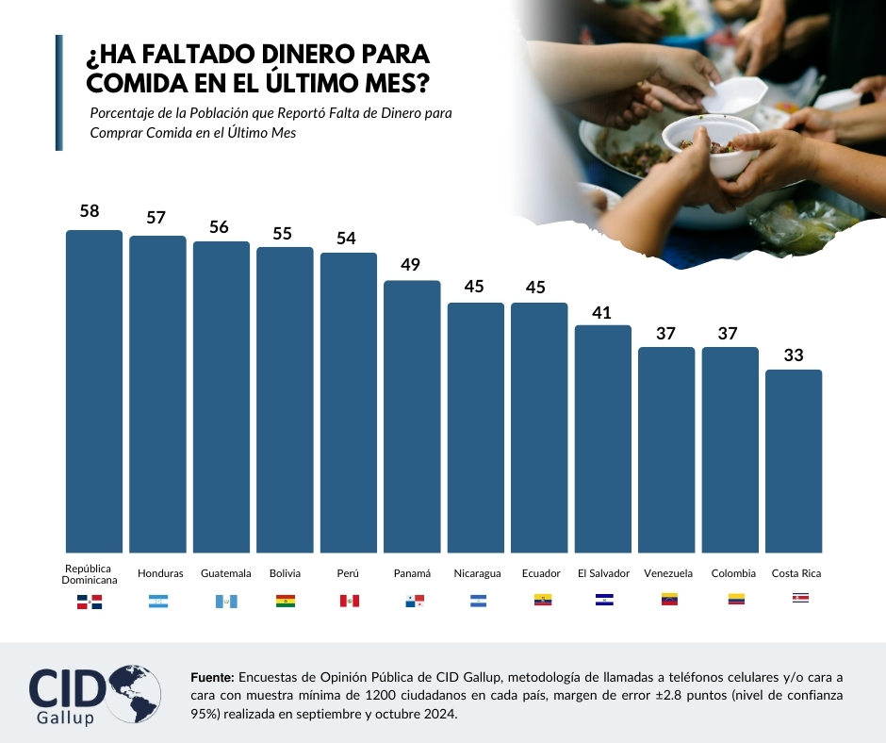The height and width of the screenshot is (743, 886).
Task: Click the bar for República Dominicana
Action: [93, 390]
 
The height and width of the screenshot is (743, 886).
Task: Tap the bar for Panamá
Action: [412, 416]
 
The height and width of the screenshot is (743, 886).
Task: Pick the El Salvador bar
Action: [602, 438]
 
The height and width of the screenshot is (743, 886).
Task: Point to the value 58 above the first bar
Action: [90, 211]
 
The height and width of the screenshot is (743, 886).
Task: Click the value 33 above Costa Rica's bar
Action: [794, 355]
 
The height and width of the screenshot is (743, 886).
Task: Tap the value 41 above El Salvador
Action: [602, 310]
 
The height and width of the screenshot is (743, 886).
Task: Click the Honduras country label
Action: [160, 573]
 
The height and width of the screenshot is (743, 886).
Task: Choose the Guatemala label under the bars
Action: [226, 573]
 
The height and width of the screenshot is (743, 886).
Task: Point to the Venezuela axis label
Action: [668, 573]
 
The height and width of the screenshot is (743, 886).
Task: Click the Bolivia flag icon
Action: [285, 601]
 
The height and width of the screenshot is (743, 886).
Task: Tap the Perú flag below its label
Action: [350, 601]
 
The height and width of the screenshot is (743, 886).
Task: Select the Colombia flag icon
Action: [732, 599]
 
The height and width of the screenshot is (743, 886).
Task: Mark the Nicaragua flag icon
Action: [478, 601]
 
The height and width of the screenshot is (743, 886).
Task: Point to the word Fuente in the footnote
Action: [212, 677]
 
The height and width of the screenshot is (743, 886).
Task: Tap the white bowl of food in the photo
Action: [709, 143]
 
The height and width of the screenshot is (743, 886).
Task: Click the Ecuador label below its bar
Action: [541, 573]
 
